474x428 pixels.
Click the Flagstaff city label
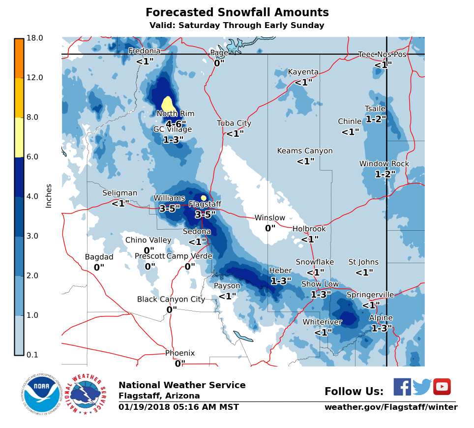(x=205, y=204)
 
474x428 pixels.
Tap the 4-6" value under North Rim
(x=176, y=124)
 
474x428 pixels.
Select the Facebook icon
(x=402, y=387)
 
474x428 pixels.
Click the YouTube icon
(x=442, y=387)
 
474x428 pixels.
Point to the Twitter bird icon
(x=422, y=387)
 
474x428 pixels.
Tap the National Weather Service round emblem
(x=88, y=394)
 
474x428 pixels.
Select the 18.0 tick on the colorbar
(x=35, y=38)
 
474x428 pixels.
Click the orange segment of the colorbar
(x=19, y=58)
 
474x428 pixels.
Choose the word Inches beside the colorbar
(x=49, y=196)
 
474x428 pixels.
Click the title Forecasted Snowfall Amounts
(x=237, y=12)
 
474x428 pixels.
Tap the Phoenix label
(x=180, y=353)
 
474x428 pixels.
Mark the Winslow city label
(x=269, y=218)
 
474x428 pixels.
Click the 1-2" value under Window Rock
(x=385, y=174)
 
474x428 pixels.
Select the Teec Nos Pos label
(x=382, y=55)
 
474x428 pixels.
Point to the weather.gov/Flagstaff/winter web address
(x=390, y=407)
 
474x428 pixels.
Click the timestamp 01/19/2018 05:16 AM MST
(x=178, y=407)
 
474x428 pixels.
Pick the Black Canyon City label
(x=171, y=299)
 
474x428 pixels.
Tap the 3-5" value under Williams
(x=170, y=209)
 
